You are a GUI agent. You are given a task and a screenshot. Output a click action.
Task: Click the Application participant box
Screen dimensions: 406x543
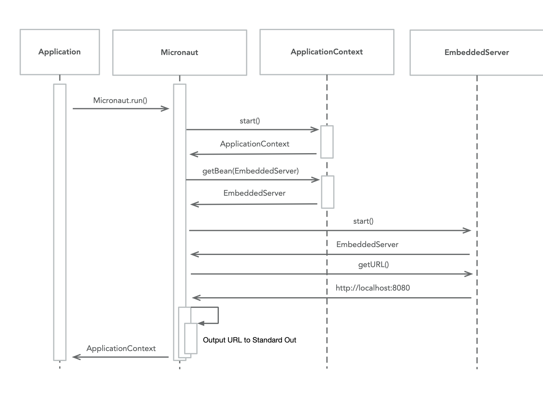coord(60,52)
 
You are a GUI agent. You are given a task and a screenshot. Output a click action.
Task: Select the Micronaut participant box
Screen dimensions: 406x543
coord(180,53)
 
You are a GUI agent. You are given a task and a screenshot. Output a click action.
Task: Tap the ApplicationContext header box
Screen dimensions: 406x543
coord(327,52)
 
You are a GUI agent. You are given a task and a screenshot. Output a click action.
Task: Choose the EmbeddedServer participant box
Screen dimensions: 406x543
coord(476,53)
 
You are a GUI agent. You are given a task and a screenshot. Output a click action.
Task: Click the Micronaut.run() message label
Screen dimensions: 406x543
coord(120,101)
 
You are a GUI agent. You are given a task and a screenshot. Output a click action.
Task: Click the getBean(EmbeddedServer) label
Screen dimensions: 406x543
coord(250,171)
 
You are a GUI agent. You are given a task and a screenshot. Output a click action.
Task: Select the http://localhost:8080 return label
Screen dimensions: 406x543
coord(373,288)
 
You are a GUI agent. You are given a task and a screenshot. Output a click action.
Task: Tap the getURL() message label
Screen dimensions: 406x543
coord(373,265)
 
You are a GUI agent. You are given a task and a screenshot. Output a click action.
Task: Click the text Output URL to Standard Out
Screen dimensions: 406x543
coord(249,340)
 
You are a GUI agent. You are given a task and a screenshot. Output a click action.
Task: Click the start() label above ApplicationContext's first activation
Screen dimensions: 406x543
coord(250,121)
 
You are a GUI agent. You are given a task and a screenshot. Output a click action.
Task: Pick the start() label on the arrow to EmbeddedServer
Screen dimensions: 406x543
coord(363,221)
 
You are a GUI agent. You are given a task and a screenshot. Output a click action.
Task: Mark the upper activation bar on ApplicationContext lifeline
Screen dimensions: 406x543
coord(327,142)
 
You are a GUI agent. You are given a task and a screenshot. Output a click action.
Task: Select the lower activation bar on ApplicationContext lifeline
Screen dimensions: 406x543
coord(328,192)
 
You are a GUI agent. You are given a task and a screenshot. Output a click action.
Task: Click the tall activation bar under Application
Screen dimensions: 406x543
coord(60,222)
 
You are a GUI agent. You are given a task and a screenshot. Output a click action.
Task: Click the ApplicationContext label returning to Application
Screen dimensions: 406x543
coord(121,349)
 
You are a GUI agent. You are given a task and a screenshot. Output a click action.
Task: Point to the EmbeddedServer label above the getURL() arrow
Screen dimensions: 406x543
coord(367,245)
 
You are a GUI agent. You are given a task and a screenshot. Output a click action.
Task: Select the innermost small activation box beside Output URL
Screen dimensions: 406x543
coord(191,339)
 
